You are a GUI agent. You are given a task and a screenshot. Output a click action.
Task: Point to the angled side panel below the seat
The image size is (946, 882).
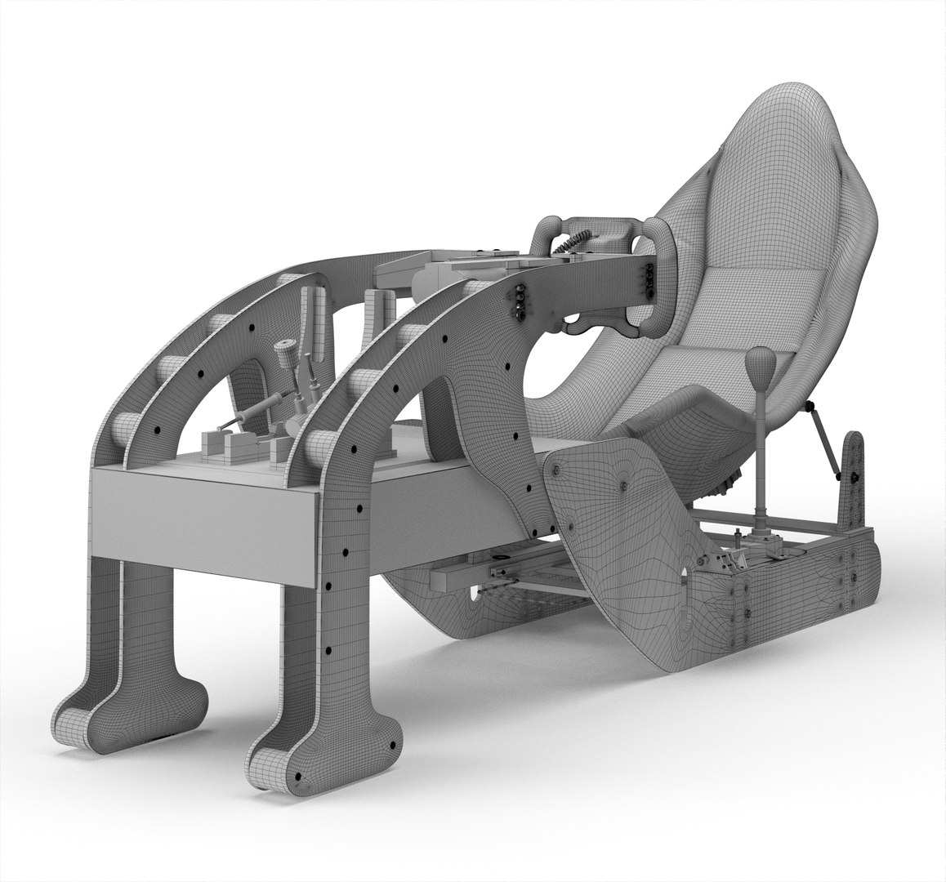[621, 523]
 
